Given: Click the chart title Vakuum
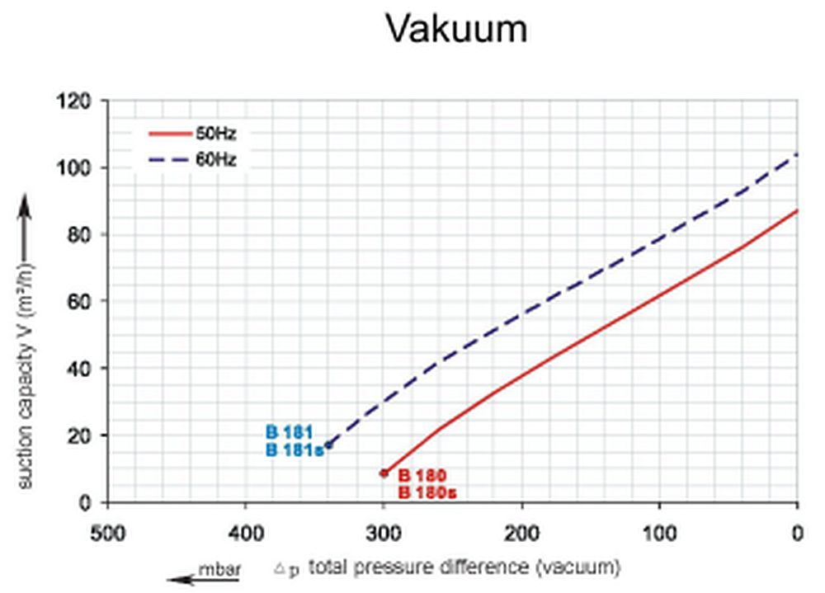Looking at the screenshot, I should [455, 31].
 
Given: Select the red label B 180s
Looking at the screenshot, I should [427, 493].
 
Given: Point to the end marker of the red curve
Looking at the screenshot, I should [384, 473].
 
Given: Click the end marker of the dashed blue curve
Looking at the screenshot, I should [328, 445].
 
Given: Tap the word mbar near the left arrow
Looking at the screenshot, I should [216, 567].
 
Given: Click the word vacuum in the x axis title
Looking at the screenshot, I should [588, 567].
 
